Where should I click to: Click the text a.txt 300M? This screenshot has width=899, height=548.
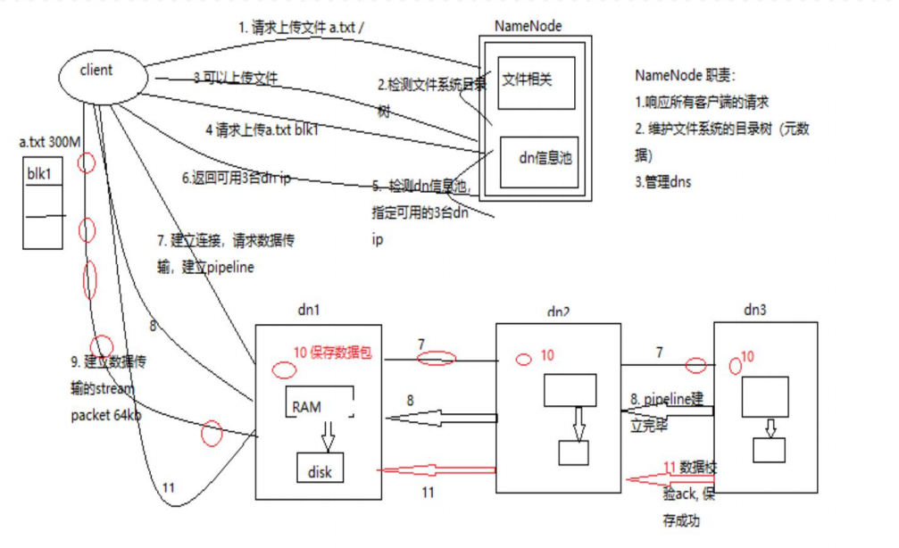[49, 142]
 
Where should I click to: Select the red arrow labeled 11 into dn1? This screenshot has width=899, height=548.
[435, 469]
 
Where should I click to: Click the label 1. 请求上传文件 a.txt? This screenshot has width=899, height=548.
[301, 29]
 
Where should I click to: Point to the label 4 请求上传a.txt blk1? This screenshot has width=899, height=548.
[262, 130]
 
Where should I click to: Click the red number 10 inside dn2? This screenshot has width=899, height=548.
[547, 355]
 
